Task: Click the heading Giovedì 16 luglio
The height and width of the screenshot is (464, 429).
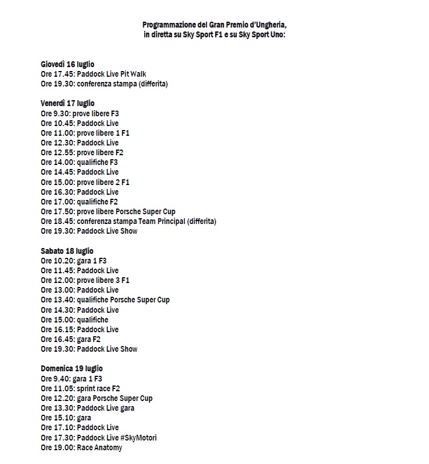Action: click(67, 64)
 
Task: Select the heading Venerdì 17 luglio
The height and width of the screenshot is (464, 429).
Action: click(67, 104)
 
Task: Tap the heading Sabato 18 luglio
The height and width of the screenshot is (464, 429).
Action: click(67, 251)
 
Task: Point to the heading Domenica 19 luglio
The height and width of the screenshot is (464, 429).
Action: click(71, 368)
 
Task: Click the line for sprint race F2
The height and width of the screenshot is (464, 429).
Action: click(81, 388)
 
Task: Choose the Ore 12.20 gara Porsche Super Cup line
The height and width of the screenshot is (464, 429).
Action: click(97, 398)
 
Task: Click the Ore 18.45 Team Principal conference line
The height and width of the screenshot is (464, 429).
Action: click(129, 221)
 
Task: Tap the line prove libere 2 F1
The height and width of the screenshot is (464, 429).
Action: click(85, 182)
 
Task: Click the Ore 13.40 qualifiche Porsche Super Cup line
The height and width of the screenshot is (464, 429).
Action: click(105, 300)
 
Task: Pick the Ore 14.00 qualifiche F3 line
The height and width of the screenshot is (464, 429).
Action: click(80, 162)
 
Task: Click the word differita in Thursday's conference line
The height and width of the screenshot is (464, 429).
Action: click(149, 84)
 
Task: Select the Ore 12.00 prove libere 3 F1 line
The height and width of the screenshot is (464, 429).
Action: click(85, 280)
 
